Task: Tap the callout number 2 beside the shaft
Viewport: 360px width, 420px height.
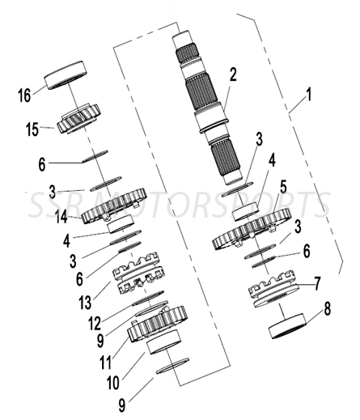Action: (232, 76)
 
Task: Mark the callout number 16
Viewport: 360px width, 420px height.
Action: (24, 94)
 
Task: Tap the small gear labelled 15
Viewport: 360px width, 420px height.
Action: (79, 121)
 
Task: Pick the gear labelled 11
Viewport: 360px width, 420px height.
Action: (159, 324)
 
